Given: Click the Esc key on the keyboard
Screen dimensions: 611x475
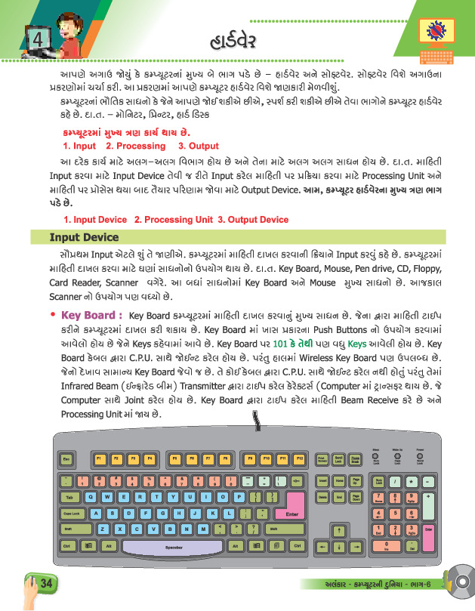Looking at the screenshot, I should click(x=66, y=458).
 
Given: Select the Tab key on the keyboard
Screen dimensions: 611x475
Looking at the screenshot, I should click(x=69, y=497).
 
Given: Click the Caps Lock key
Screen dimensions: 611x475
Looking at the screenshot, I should click(x=72, y=513).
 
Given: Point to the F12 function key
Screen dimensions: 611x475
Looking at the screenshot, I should click(x=299, y=458).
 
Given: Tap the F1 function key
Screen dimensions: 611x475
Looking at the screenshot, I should click(x=100, y=458).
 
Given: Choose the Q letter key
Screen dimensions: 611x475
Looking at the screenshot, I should click(x=91, y=497).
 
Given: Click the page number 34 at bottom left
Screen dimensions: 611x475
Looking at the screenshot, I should click(x=45, y=583).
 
